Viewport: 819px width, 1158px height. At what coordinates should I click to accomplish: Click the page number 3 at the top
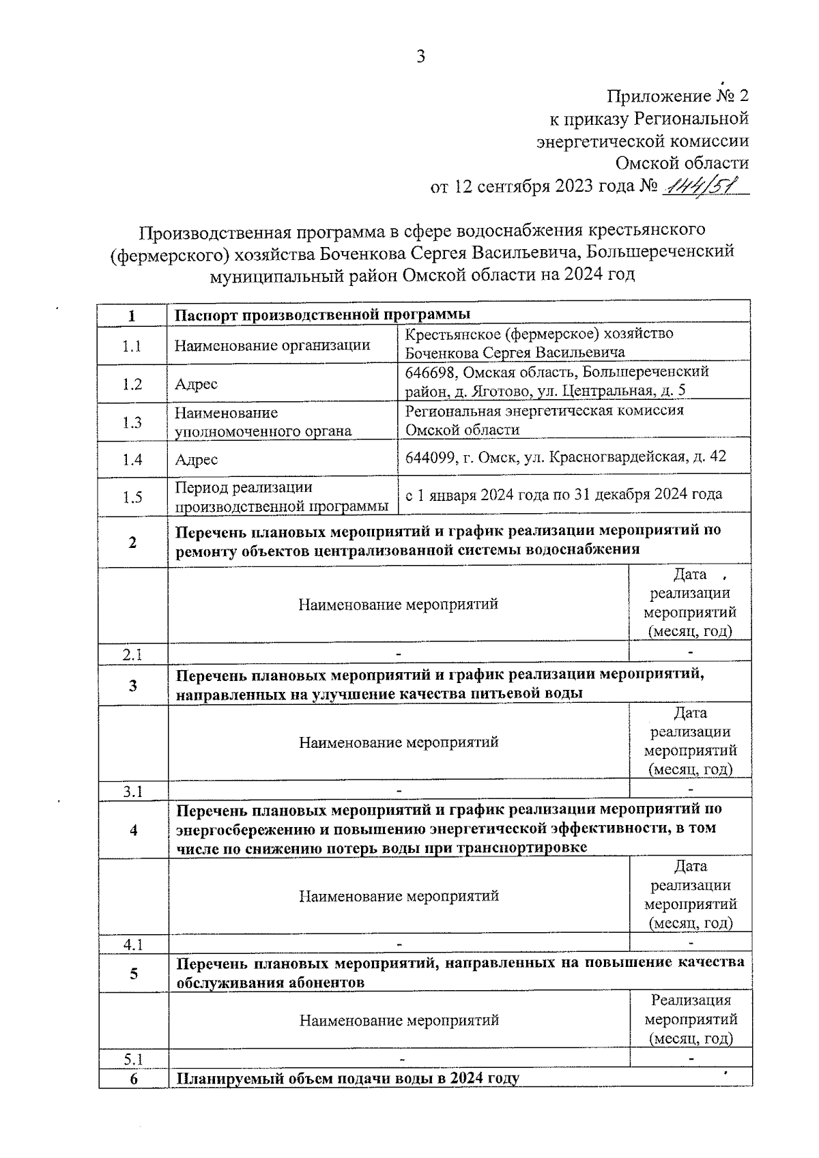(x=420, y=57)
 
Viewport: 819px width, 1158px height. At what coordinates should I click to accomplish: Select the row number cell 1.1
(x=132, y=346)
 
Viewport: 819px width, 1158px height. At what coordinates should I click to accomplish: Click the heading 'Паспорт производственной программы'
(x=322, y=315)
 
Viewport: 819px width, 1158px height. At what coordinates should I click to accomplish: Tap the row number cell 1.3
(x=132, y=422)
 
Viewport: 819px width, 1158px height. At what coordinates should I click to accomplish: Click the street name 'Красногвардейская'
(x=618, y=457)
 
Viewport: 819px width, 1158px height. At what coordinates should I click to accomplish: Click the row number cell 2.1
(x=132, y=654)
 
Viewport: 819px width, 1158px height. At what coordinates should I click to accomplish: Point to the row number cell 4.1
(x=132, y=945)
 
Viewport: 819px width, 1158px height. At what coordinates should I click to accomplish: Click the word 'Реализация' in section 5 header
(x=691, y=1000)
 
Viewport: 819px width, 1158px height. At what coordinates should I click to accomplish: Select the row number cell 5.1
(x=132, y=1060)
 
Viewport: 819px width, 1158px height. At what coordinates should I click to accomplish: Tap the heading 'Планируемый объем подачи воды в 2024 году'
(x=347, y=1079)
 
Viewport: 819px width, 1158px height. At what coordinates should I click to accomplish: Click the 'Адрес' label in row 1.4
(x=196, y=460)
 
